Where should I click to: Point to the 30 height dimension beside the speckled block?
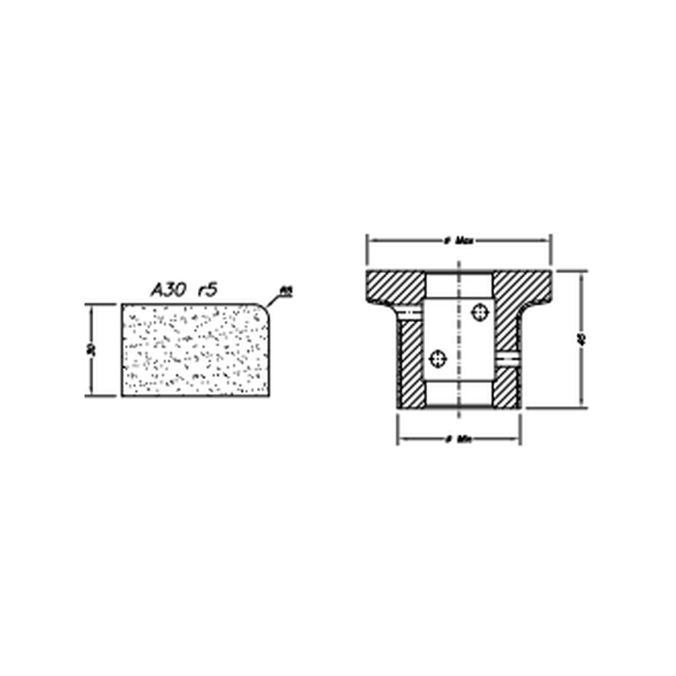[x=92, y=349]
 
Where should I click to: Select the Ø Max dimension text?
[x=459, y=240]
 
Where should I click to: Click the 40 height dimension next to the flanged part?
[x=580, y=340]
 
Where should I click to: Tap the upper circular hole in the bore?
[x=479, y=312]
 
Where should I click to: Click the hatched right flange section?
[x=522, y=287]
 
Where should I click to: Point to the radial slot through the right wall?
[x=508, y=358]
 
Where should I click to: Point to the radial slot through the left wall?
[x=409, y=312]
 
